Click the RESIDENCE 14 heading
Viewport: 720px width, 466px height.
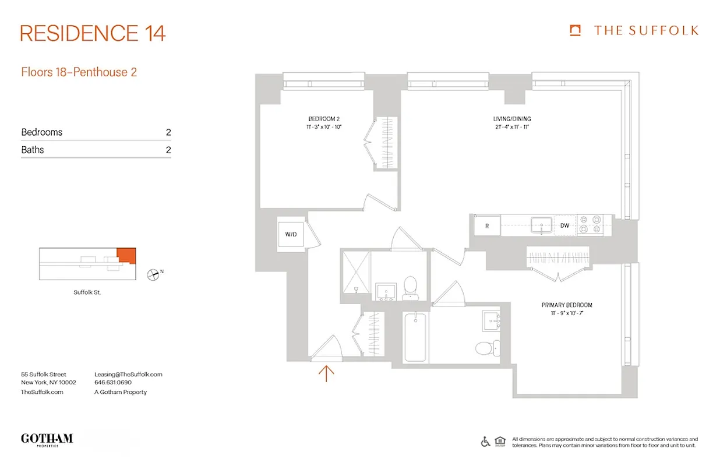tap(93, 33)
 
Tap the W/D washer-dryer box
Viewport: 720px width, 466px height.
tap(291, 234)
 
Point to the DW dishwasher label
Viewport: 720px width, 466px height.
tap(564, 225)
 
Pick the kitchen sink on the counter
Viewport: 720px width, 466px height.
tap(542, 225)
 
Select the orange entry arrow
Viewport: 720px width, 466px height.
tap(326, 373)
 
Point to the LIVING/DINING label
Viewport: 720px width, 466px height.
tap(511, 119)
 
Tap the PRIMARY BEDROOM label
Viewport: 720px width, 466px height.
tap(566, 305)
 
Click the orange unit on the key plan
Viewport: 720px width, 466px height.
tap(126, 255)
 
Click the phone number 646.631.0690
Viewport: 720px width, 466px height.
tap(113, 383)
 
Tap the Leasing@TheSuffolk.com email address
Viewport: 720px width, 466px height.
tap(128, 375)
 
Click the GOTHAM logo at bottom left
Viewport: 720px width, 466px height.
tap(47, 439)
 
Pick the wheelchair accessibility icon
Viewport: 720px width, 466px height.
tap(485, 442)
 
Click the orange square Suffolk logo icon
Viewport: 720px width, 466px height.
tap(576, 30)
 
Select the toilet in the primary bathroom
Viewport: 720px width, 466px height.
tap(485, 348)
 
